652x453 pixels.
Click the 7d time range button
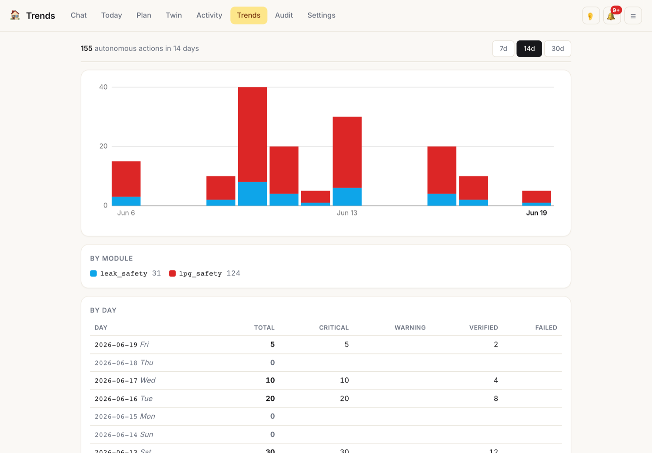503,49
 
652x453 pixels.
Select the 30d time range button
557,49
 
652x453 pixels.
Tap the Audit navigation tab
284,15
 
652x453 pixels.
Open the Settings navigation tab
321,15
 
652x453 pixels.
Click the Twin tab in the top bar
174,15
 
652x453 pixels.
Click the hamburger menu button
633,16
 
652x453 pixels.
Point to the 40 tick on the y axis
103,87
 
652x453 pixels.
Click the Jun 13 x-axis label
347,213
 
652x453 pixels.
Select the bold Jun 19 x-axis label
536,213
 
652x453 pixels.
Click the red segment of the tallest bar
253,134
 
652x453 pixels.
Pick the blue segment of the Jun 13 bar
347,197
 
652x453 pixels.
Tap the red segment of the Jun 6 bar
126,179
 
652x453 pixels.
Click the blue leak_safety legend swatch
93,273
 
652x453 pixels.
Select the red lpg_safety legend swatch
172,273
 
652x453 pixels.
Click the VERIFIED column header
483,328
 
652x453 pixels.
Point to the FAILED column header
546,328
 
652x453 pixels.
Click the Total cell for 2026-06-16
270,399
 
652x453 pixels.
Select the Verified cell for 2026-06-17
496,380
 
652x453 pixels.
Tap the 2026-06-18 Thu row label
124,363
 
